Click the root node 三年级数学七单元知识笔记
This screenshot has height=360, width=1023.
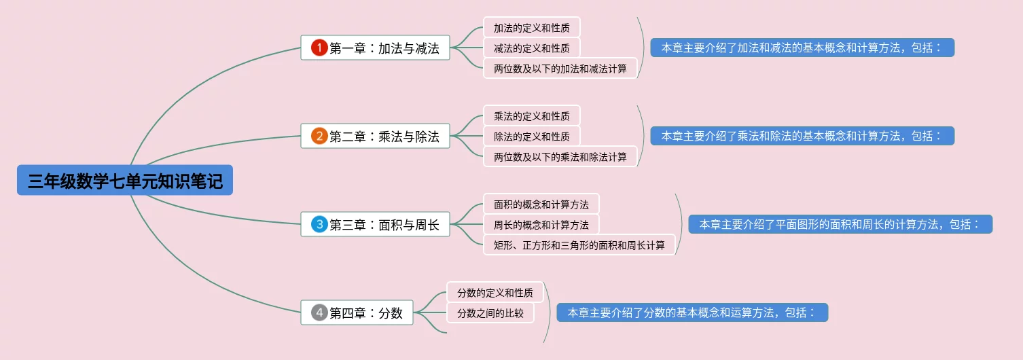(x=125, y=181)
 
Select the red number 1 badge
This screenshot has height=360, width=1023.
(x=319, y=48)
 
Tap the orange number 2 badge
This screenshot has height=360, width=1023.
(x=319, y=136)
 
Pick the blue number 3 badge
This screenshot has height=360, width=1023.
(x=319, y=224)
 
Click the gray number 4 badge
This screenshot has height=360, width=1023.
(x=319, y=312)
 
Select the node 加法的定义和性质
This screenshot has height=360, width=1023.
(x=531, y=28)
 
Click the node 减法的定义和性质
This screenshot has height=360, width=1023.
(x=531, y=48)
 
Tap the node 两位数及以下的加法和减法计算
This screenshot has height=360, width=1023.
(x=560, y=69)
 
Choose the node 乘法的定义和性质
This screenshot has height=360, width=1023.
(x=531, y=116)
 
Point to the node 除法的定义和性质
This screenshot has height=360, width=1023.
(x=531, y=137)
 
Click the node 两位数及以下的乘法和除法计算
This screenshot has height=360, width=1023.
(x=560, y=157)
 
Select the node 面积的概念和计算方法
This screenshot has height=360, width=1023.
(x=541, y=204)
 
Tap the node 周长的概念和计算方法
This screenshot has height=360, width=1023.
(x=541, y=225)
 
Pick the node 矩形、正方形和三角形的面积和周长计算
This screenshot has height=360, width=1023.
(x=579, y=245)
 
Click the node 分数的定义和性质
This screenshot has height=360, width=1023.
(x=495, y=293)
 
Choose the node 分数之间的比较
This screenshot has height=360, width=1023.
(x=490, y=313)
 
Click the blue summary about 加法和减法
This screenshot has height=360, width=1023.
(x=802, y=48)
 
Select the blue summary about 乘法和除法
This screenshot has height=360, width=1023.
(x=802, y=136)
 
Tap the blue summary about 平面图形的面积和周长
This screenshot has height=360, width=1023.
(x=840, y=224)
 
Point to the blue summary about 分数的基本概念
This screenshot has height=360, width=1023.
(x=692, y=312)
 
